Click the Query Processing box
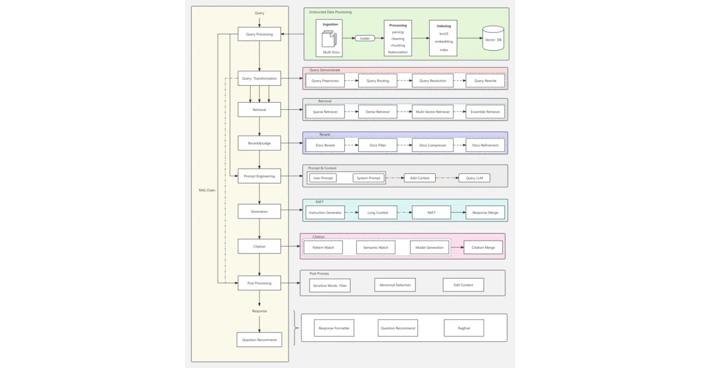click(x=259, y=34)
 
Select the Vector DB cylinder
click(x=493, y=38)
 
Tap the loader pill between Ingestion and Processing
click(x=365, y=38)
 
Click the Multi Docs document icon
click(x=329, y=39)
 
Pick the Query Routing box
click(x=378, y=81)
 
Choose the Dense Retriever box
click(x=378, y=112)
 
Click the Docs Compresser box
click(x=432, y=145)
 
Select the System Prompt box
click(x=369, y=178)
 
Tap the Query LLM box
click(x=474, y=178)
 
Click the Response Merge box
click(x=485, y=213)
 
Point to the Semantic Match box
click(x=376, y=248)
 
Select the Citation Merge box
click(x=483, y=248)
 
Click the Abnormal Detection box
click(x=395, y=285)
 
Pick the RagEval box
click(x=464, y=328)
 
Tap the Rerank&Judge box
click(x=259, y=143)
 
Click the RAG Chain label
click(x=207, y=190)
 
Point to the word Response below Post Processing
click(x=259, y=311)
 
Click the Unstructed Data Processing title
click(x=330, y=12)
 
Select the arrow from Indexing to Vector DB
click(x=470, y=38)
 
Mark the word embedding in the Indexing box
click(x=443, y=41)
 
